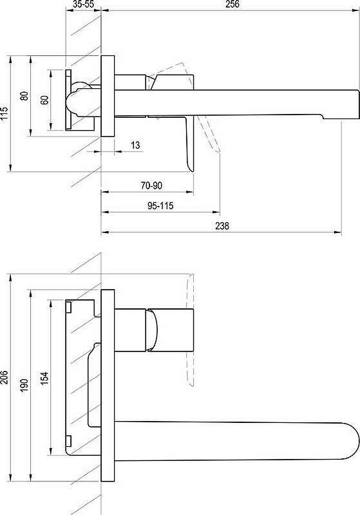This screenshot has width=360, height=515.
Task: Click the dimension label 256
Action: tap(232, 5)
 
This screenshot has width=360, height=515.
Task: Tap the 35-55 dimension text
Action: tap(84, 5)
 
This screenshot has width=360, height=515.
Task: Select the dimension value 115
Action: tap(5, 113)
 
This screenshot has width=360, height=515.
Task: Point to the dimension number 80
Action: tap(24, 95)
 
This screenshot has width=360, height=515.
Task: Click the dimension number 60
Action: tap(44, 100)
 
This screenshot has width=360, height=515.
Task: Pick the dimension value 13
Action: tap(135, 145)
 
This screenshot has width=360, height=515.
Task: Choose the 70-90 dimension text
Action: tap(151, 185)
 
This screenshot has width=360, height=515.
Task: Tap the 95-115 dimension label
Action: tap(160, 206)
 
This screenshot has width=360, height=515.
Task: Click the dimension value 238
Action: tap(222, 226)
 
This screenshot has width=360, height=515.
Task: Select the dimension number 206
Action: tap(5, 378)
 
